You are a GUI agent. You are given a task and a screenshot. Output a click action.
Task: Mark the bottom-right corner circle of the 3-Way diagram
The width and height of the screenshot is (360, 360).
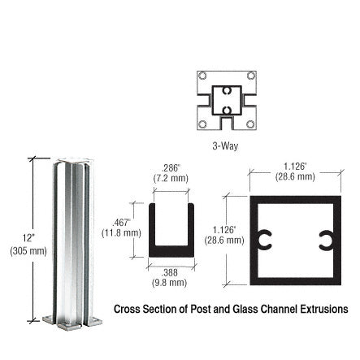[x=250, y=124]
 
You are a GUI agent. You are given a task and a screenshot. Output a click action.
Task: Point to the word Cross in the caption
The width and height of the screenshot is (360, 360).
[x=128, y=309]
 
